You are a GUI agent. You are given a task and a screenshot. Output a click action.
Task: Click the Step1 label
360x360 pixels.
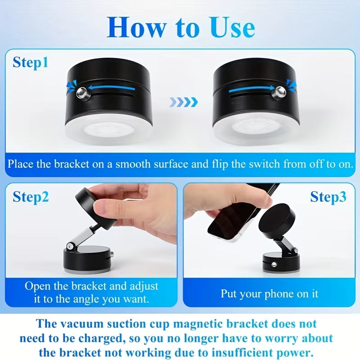[x=30, y=62]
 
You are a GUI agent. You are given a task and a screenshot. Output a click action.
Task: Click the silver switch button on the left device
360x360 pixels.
[x=81, y=93]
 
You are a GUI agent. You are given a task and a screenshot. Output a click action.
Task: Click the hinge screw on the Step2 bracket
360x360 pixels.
[x=70, y=246]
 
